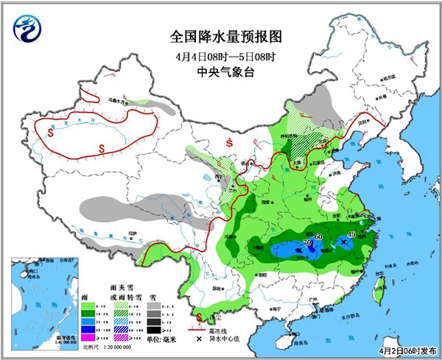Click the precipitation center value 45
coord(351,234)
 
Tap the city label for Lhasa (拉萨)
coord(131,235)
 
